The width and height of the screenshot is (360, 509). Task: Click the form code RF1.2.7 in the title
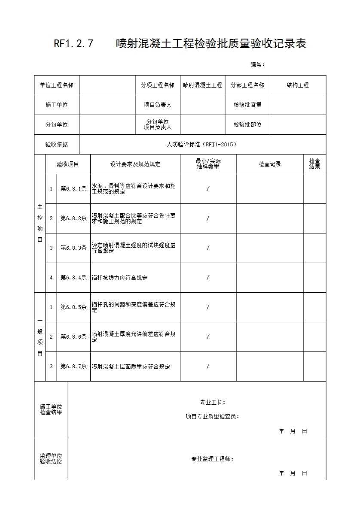click(x=73, y=44)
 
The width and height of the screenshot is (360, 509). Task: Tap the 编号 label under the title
click(x=257, y=64)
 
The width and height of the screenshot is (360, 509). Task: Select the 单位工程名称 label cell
click(x=57, y=85)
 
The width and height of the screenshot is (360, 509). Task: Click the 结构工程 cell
click(x=298, y=85)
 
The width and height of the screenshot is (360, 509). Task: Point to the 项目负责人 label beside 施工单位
click(x=158, y=105)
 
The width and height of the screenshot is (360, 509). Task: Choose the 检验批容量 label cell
click(x=247, y=105)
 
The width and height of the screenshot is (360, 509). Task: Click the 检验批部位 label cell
click(x=247, y=124)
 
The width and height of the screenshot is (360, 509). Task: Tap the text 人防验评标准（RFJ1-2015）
click(x=202, y=145)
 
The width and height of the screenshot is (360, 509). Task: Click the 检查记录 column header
click(x=270, y=164)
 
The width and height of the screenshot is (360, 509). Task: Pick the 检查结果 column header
click(x=314, y=164)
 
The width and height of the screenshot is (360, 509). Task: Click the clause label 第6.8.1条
click(x=73, y=188)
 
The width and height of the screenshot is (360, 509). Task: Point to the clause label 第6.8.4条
click(x=73, y=278)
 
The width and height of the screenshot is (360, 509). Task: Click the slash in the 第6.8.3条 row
click(x=208, y=248)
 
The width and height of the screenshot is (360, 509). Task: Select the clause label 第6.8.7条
click(x=73, y=367)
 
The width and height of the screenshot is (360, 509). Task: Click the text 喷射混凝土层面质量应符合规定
click(x=131, y=367)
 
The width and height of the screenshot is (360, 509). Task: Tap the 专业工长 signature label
click(x=212, y=403)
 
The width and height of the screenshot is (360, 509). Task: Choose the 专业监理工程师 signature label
click(x=212, y=459)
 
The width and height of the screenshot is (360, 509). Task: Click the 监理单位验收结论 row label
click(x=51, y=459)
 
